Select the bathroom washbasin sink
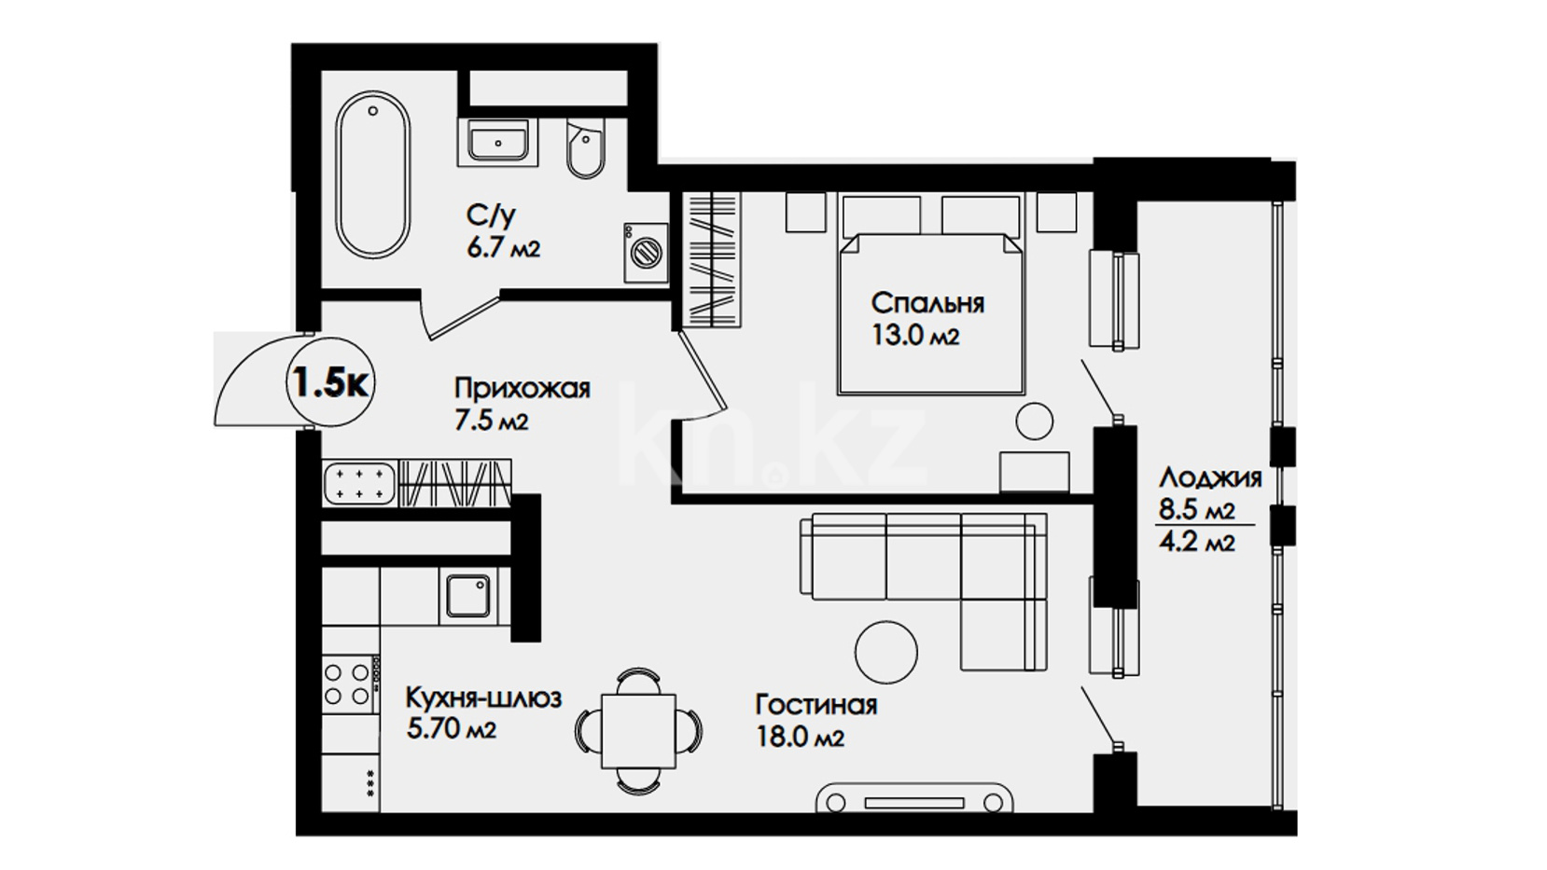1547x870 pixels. (x=498, y=142)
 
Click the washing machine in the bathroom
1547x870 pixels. (x=647, y=252)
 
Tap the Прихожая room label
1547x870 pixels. (x=523, y=389)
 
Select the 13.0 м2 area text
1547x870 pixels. (x=915, y=336)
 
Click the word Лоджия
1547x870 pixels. (x=1211, y=477)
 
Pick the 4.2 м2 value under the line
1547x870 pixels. (x=1196, y=543)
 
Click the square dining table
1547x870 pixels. (x=639, y=731)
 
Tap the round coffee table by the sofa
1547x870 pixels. (x=886, y=652)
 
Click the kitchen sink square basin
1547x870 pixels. (x=467, y=596)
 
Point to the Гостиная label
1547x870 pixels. (x=816, y=705)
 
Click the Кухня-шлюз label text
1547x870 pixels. (x=483, y=697)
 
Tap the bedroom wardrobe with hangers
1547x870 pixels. (x=711, y=258)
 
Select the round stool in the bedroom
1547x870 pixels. (x=1035, y=421)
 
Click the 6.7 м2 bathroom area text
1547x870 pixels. (x=504, y=248)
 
